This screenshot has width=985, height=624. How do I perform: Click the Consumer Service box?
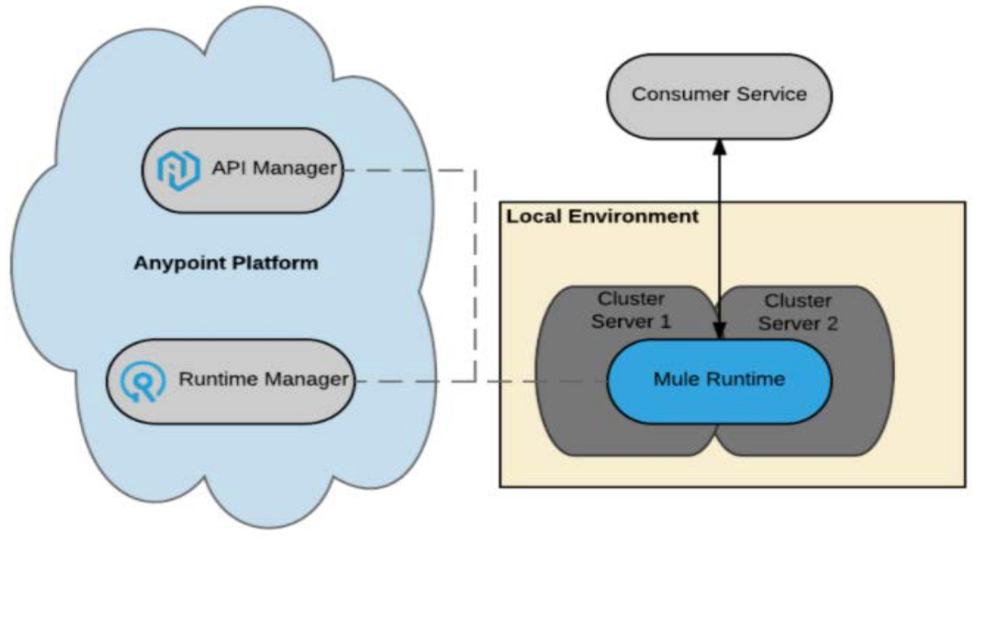coord(719,94)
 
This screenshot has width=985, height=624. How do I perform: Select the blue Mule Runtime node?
coord(719,379)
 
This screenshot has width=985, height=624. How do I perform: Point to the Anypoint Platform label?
coord(226,264)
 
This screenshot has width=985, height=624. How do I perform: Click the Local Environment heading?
coord(602,217)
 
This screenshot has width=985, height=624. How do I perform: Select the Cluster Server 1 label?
coord(631,310)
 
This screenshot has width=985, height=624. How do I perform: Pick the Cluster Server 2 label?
coord(798,313)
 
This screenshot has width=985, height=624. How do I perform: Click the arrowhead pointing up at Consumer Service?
coord(720,145)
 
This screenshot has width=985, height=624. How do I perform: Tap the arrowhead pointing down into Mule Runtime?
coord(720,331)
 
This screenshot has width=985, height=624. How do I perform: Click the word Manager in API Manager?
coord(295,169)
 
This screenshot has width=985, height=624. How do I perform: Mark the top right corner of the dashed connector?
coord(475,171)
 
